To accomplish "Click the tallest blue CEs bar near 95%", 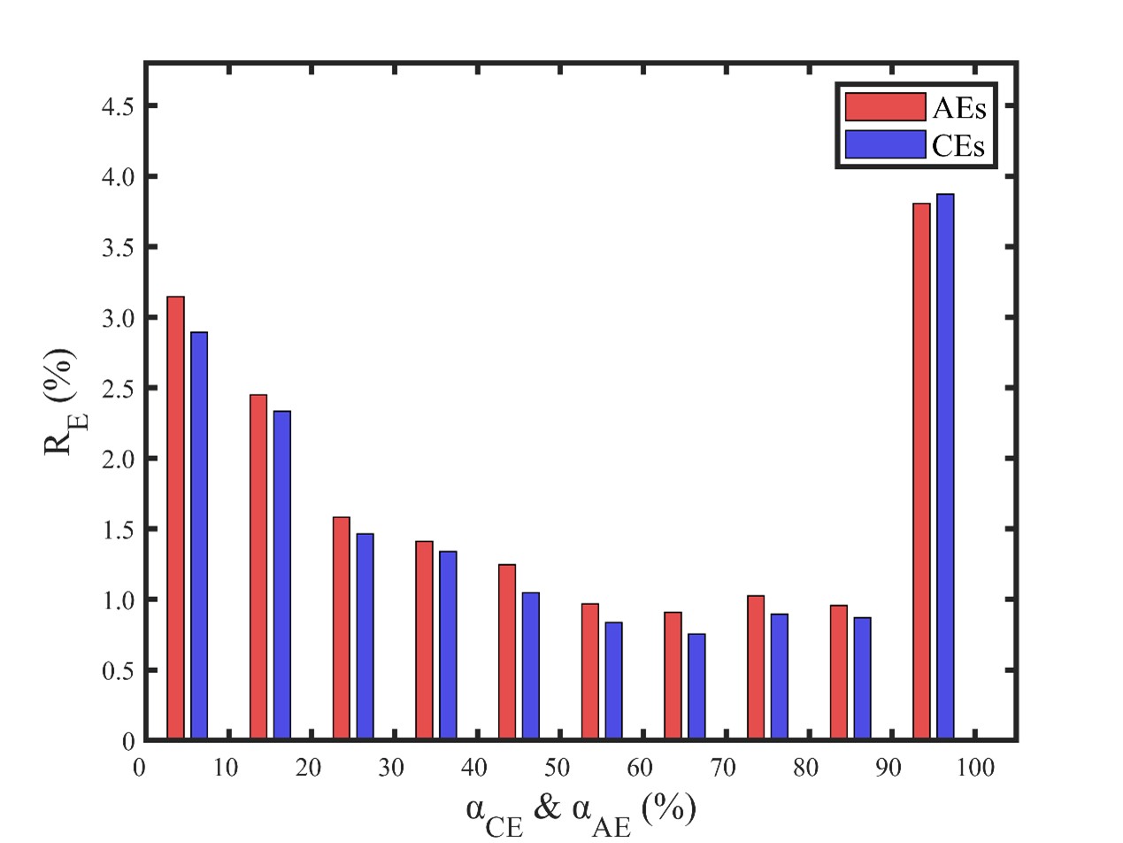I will [x=945, y=467].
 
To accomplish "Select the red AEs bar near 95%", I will [x=922, y=471].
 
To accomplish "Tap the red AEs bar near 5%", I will [x=175, y=518].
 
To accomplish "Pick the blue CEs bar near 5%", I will [x=199, y=536].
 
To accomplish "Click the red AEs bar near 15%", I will [x=258, y=567].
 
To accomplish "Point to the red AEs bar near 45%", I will [x=507, y=652].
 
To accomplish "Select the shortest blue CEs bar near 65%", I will [x=696, y=686].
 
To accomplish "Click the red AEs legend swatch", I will [x=885, y=106].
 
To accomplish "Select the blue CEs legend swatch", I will [x=885, y=144].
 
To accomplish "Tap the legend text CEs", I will [x=958, y=145].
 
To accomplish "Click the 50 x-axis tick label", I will [x=558, y=767].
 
